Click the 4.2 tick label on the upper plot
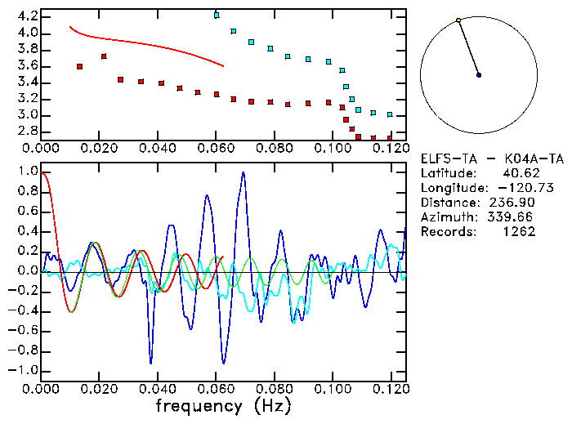[x=25, y=16]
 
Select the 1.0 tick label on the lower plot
[x=25, y=172]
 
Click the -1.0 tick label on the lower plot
[x=22, y=370]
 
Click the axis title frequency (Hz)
[x=223, y=405]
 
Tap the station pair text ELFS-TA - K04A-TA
[x=492, y=158]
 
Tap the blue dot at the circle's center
[x=479, y=75]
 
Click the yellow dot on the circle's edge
[x=458, y=20]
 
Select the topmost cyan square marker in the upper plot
[x=217, y=16]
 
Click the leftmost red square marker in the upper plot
[x=79, y=66]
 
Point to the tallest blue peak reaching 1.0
[x=243, y=174]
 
